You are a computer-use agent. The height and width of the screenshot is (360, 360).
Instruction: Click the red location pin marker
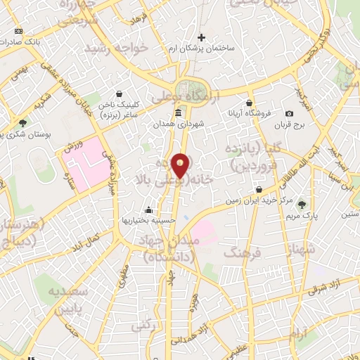click(x=181, y=166)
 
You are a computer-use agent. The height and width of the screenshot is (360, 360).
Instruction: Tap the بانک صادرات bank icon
click(x=18, y=31)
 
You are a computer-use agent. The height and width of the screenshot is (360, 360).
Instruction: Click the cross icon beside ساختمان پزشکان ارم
click(x=202, y=37)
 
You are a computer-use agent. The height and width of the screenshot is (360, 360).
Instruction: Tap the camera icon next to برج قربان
click(x=289, y=114)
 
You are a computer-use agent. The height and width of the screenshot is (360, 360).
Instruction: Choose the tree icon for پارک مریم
click(x=302, y=205)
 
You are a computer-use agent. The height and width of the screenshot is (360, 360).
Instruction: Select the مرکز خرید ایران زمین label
click(x=257, y=200)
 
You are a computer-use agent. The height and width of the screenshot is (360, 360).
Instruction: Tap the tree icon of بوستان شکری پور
click(x=23, y=123)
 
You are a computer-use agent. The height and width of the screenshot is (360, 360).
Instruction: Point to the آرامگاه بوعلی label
click(x=214, y=96)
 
